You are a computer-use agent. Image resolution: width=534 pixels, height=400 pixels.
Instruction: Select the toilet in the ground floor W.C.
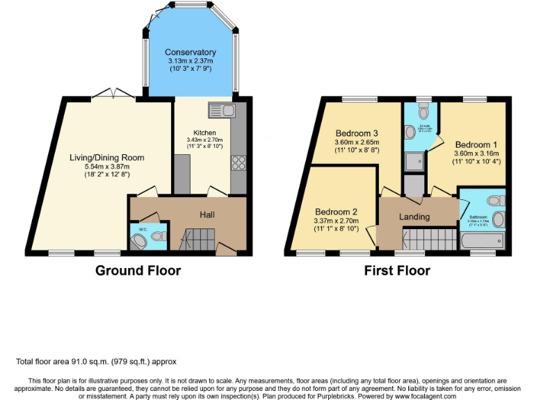point(140,240)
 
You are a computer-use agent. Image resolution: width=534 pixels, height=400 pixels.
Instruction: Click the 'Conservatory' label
point(190,52)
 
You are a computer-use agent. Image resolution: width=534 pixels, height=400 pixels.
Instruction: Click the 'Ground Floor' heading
point(138,271)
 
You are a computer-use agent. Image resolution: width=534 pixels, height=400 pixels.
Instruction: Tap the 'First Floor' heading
point(397,271)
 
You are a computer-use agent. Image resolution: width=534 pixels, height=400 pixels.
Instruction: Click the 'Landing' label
point(414,217)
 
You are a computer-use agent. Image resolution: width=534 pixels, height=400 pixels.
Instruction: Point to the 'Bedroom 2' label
point(336,212)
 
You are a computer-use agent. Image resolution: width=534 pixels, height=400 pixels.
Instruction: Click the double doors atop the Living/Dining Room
point(113,93)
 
